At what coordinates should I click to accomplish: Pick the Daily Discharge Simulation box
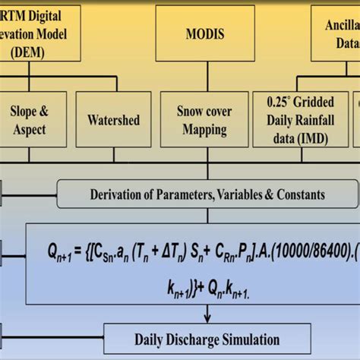(x=207, y=339)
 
